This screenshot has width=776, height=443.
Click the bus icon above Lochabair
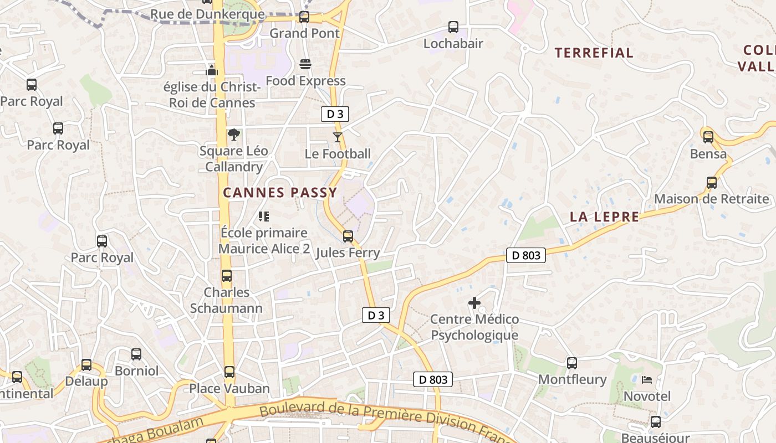[453, 27]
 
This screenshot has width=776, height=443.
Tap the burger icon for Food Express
[305, 64]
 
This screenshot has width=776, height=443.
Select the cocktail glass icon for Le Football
[338, 137]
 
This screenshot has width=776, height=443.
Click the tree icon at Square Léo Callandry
[234, 135]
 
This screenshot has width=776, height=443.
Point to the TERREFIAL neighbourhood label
[594, 53]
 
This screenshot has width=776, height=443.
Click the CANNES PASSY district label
[280, 193]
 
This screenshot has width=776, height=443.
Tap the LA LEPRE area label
[604, 217]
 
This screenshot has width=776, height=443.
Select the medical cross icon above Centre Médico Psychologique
[474, 303]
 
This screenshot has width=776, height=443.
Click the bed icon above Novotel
[647, 380]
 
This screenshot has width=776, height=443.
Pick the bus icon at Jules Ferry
[348, 236]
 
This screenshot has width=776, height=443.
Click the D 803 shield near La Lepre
[526, 255]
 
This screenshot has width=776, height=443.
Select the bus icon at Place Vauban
[229, 372]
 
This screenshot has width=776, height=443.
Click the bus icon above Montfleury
[572, 363]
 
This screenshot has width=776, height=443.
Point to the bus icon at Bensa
[708, 137]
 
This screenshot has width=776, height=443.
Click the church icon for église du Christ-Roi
[212, 70]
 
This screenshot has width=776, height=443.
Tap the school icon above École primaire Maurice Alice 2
[264, 217]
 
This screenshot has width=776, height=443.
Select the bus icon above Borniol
[136, 354]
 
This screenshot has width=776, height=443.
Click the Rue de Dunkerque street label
[207, 14]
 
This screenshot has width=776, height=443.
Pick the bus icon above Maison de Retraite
[712, 183]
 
